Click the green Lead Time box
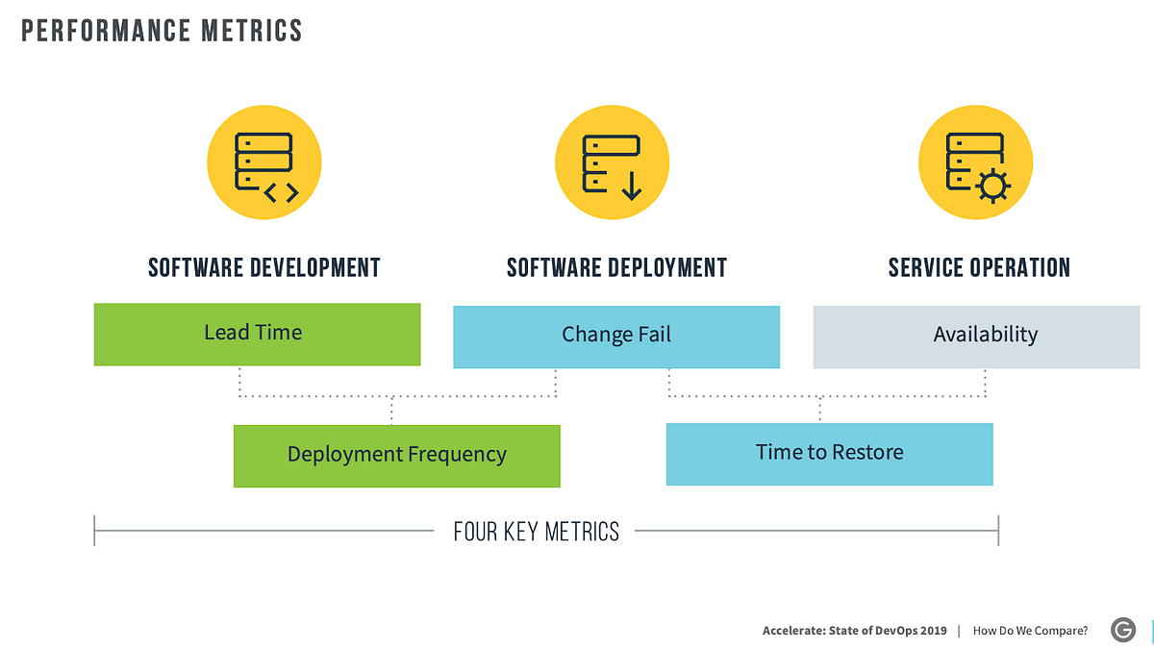click(x=257, y=334)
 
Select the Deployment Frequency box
click(x=396, y=455)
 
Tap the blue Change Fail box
click(x=615, y=336)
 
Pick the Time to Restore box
click(x=829, y=453)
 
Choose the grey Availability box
click(x=976, y=337)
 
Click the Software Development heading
click(x=264, y=267)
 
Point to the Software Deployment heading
click(x=616, y=267)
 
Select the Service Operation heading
click(x=979, y=267)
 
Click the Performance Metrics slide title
click(x=162, y=31)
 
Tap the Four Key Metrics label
click(x=537, y=532)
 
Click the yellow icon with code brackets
click(x=264, y=162)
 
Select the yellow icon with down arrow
click(x=612, y=162)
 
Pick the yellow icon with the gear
click(x=975, y=162)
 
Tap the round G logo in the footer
click(x=1122, y=630)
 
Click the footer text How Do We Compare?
click(x=1030, y=631)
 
